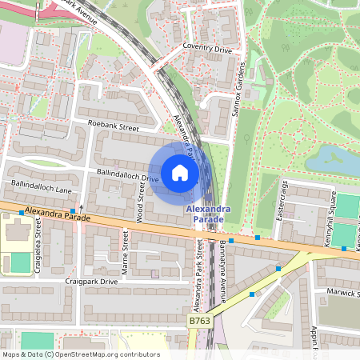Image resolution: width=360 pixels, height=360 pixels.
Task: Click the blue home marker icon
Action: point(180,173)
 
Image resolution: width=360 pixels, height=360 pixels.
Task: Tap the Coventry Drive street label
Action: point(208,49)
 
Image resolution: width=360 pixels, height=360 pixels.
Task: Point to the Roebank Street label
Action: point(114,126)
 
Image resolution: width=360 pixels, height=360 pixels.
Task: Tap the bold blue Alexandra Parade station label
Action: point(209,214)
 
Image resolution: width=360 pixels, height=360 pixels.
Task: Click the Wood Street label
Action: point(141,201)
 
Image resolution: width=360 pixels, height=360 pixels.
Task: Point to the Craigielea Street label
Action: point(38,246)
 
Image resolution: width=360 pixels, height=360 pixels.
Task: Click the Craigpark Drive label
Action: point(91,282)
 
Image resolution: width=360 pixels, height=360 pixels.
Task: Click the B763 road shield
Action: point(200,321)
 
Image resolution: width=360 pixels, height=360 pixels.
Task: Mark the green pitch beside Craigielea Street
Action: point(20,262)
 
